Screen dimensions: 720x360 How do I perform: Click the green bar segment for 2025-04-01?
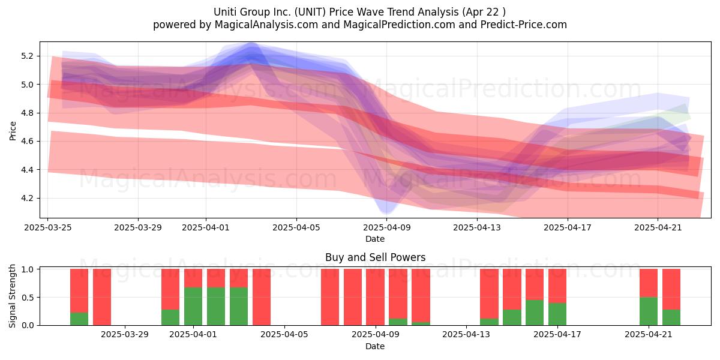click(193, 307)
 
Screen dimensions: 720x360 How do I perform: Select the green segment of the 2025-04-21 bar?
click(649, 311)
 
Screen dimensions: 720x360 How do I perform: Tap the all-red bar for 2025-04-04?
click(262, 297)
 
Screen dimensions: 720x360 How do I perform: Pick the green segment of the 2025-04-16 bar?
click(535, 313)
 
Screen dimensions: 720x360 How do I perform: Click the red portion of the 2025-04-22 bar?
click(671, 289)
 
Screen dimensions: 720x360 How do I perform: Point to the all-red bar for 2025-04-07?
click(330, 297)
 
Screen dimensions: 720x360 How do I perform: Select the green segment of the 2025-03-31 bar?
click(170, 317)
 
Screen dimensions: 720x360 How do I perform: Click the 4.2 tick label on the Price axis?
click(27, 199)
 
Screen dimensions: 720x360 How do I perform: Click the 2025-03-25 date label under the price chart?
click(48, 227)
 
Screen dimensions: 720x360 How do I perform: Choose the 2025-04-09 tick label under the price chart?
click(386, 227)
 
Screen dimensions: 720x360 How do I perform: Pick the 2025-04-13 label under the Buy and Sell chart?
click(466, 335)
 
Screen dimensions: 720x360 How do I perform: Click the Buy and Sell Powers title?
click(375, 257)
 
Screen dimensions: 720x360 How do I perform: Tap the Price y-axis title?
click(13, 131)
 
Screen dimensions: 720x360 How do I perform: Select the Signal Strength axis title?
click(12, 296)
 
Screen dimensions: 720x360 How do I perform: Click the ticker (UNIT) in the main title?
click(310, 12)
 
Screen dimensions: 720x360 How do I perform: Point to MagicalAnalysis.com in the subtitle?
click(266, 25)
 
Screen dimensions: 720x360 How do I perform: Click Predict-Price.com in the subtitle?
click(524, 25)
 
